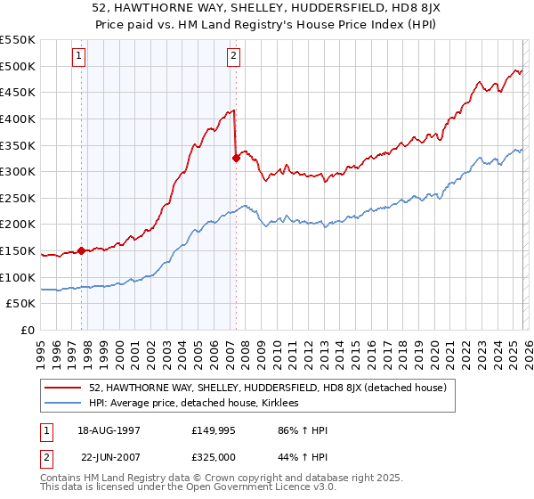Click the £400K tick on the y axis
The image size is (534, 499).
[x=18, y=119]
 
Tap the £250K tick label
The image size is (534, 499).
[x=18, y=198]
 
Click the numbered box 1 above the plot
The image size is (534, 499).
[x=79, y=56]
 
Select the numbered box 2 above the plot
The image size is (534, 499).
[x=233, y=56]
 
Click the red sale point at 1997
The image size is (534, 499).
[x=81, y=250]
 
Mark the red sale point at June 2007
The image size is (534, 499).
[x=236, y=159]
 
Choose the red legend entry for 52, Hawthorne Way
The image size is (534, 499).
[x=273, y=388]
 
